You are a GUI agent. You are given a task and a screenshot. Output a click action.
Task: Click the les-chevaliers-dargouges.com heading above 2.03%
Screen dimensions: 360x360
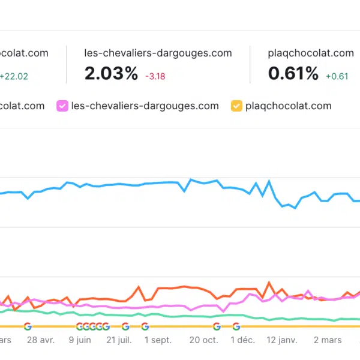[158, 53]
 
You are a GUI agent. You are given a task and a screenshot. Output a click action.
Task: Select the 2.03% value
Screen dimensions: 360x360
[112, 74]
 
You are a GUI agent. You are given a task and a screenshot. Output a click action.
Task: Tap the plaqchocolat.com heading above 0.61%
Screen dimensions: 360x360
[311, 53]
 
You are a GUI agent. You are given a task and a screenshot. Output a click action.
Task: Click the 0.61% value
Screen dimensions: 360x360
[293, 74]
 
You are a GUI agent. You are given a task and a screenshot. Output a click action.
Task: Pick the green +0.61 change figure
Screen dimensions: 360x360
[337, 76]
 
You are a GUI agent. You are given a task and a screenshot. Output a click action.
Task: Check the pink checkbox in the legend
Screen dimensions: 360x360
[62, 106]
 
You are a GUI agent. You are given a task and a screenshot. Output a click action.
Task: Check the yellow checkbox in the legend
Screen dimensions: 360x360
[236, 106]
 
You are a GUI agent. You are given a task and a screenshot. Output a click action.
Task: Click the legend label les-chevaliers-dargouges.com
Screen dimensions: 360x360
[145, 106]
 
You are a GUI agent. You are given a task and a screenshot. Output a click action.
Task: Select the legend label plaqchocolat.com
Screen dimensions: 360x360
[289, 106]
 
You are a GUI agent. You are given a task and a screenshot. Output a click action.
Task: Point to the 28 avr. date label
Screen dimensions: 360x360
[41, 340]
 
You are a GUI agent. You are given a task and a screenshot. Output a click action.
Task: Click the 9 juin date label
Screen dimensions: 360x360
[80, 340]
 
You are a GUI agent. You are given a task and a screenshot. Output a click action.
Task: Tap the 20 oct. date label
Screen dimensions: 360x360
[203, 340]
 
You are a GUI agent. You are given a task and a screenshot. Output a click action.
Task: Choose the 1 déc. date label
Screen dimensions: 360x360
[244, 340]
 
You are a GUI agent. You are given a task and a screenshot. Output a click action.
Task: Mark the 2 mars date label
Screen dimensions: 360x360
[328, 340]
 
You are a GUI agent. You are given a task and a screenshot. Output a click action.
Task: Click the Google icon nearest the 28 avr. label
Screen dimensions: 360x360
[28, 326]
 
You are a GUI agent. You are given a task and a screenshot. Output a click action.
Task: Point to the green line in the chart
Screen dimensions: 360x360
[180, 316]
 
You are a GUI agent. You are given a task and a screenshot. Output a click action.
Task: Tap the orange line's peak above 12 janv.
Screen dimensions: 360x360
[270, 282]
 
